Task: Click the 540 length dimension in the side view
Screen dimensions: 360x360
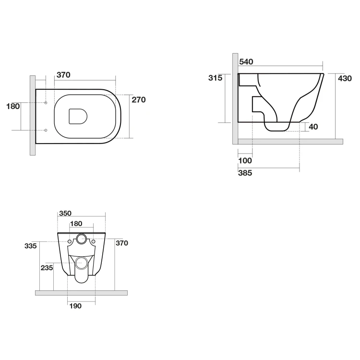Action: [246, 62]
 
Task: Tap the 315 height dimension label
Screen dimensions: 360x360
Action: [216, 78]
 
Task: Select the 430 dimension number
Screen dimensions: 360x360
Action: [345, 79]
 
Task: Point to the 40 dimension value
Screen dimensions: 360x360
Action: [313, 127]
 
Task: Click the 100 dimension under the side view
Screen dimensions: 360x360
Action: [245, 161]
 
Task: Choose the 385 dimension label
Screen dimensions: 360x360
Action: [245, 173]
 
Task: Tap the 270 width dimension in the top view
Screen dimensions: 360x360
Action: [139, 100]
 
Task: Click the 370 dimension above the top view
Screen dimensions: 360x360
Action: [63, 75]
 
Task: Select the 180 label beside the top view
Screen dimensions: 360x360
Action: [13, 107]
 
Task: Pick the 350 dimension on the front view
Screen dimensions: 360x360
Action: [65, 213]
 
